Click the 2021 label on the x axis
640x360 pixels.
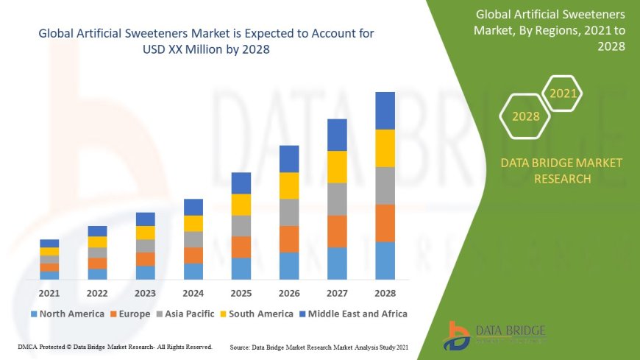click(x=49, y=293)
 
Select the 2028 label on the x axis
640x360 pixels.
click(x=385, y=293)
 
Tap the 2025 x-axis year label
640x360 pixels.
click(x=241, y=293)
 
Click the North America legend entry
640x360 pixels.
click(x=67, y=314)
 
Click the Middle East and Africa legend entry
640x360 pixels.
click(x=353, y=314)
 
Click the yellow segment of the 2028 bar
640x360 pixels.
click(x=385, y=148)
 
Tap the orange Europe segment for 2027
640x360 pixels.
click(x=337, y=231)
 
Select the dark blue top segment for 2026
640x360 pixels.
click(x=289, y=159)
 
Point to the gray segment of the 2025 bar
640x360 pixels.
click(x=241, y=225)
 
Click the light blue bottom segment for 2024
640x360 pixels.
click(x=193, y=271)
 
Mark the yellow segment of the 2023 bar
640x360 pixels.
click(x=146, y=233)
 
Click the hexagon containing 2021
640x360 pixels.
click(x=563, y=93)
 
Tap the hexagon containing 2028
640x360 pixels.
click(x=525, y=116)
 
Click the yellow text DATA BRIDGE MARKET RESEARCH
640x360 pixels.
click(x=561, y=170)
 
